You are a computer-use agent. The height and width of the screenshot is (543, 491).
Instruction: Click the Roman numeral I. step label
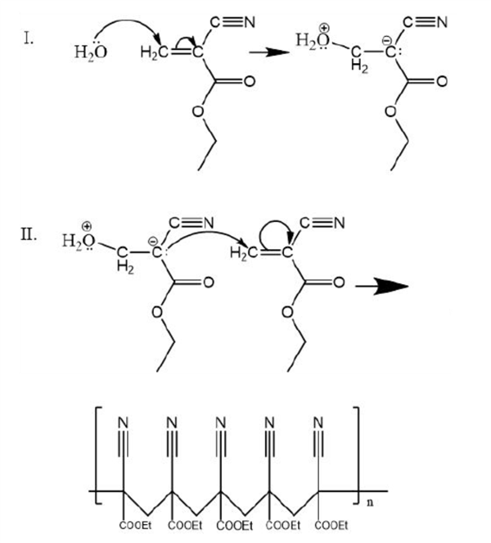point(29,38)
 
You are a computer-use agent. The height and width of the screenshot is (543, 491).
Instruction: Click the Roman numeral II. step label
point(29,235)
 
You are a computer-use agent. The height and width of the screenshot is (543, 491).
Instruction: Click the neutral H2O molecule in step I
point(91,52)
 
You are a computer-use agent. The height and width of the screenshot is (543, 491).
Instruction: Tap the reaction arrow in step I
point(269,52)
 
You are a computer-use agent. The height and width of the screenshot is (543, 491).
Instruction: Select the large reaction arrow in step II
point(382,287)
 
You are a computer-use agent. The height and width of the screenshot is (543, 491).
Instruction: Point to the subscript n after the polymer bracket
point(370,502)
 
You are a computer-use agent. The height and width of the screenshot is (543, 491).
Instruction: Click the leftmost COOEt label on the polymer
point(135,525)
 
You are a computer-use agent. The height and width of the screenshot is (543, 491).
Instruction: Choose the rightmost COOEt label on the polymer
point(331,525)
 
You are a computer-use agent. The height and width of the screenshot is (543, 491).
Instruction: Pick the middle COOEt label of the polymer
point(233,525)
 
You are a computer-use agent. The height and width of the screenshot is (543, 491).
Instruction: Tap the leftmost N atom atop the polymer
point(124,423)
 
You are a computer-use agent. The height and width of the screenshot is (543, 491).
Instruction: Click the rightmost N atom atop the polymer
point(318,423)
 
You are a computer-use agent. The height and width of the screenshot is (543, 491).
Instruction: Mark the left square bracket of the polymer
point(97,456)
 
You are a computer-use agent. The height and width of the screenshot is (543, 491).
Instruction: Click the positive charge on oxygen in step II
point(87,227)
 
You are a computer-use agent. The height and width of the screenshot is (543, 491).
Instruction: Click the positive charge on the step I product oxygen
point(325,28)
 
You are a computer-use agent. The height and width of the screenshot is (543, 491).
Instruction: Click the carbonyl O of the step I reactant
point(250,82)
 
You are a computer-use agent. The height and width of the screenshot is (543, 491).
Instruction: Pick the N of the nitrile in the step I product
point(442,23)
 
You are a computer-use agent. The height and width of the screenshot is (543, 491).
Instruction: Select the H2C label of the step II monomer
point(244,254)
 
